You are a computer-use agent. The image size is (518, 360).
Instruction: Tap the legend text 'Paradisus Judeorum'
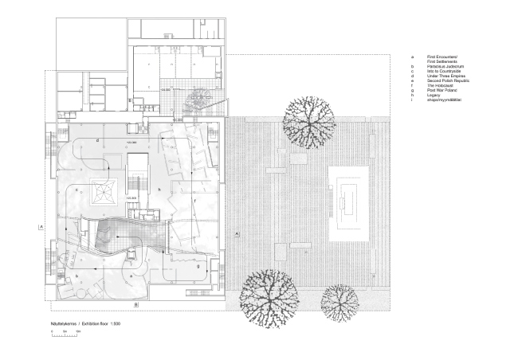click(x=445, y=67)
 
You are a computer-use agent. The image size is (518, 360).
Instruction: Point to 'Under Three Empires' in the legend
click(x=445, y=76)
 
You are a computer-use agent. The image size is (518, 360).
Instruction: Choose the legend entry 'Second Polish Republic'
click(x=447, y=82)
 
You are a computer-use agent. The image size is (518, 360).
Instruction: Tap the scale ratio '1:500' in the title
click(x=115, y=323)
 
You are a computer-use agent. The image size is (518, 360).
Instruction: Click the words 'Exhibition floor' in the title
click(x=92, y=323)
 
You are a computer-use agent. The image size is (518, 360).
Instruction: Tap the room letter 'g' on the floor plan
click(x=198, y=266)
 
